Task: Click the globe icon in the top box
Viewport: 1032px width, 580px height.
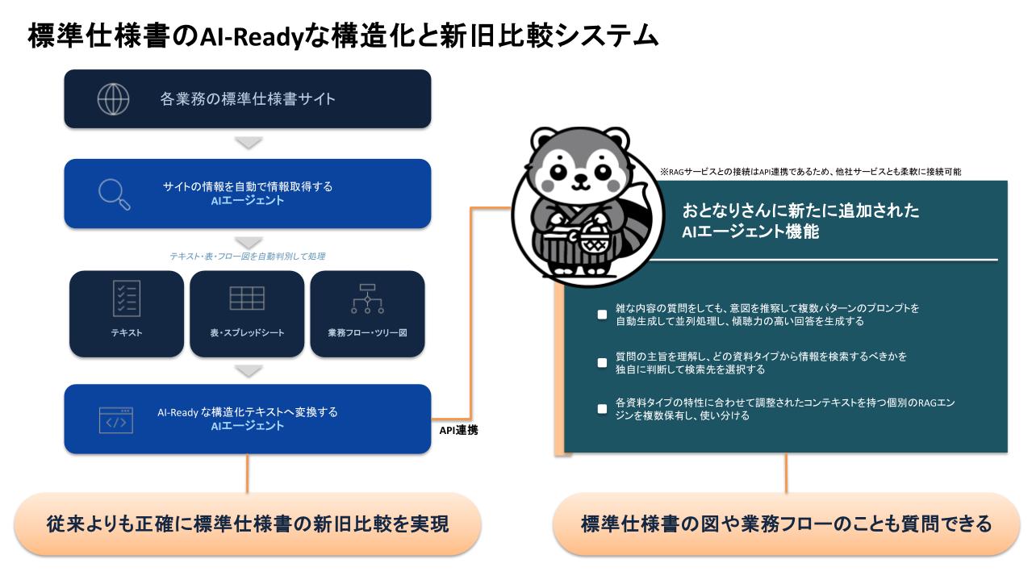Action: point(113,99)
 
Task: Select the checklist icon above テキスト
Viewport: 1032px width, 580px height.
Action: point(127,298)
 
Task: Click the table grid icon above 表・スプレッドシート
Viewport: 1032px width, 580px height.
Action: point(247,298)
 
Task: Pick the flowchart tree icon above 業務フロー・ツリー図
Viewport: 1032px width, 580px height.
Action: point(367,298)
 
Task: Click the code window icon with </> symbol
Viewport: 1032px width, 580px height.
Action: point(116,420)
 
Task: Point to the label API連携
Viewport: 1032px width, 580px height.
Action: point(458,430)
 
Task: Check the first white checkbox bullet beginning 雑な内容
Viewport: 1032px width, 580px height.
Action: point(602,314)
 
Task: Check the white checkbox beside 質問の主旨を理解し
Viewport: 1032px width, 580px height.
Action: point(602,362)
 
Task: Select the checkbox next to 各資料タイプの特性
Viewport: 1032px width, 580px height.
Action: point(602,409)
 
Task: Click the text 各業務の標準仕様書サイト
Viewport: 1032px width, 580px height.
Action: point(248,99)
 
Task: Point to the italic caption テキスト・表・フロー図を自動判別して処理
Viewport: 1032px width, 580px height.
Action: point(248,257)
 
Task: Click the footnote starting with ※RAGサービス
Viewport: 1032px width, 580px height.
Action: point(810,172)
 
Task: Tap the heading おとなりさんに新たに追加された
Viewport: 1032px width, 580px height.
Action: point(800,211)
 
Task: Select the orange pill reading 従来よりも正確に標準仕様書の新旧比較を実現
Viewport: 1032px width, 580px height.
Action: point(248,524)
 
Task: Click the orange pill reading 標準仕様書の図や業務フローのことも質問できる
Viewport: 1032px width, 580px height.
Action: point(787,524)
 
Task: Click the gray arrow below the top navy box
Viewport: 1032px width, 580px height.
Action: point(249,143)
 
